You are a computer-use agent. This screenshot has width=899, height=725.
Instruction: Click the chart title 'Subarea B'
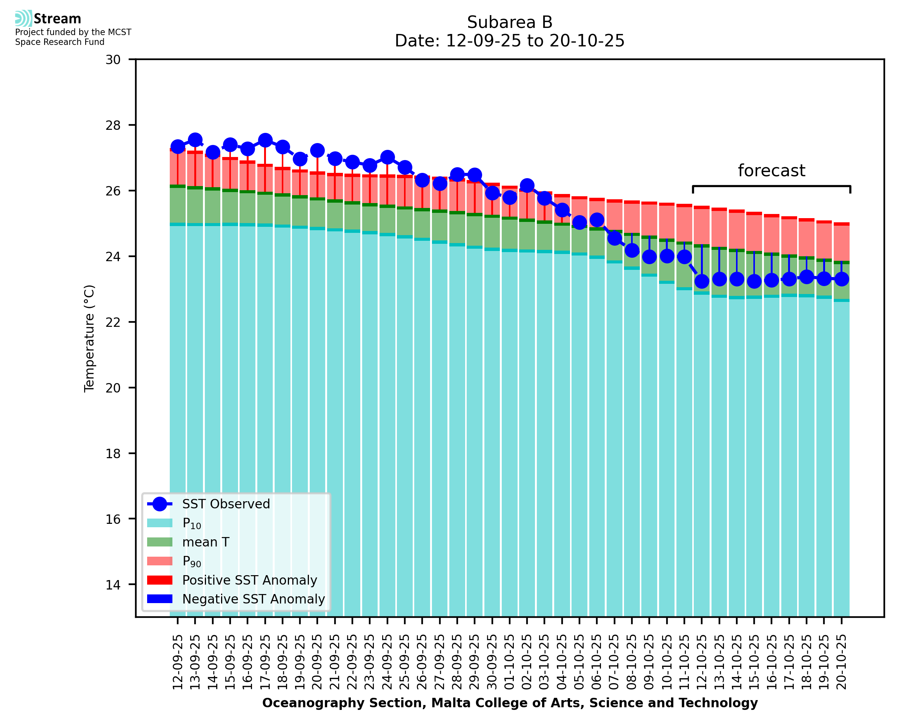pyautogui.click(x=509, y=22)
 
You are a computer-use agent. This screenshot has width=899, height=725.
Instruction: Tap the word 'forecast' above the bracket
pyautogui.click(x=771, y=171)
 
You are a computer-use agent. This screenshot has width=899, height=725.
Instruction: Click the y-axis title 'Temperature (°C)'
pyautogui.click(x=89, y=338)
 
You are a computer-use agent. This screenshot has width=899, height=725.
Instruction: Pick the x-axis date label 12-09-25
pyautogui.click(x=178, y=662)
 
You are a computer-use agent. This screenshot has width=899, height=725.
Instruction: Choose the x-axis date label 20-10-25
pyautogui.click(x=841, y=662)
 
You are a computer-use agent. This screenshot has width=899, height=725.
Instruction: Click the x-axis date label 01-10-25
pyautogui.click(x=510, y=662)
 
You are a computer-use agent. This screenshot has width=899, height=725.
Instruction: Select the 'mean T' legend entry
pyautogui.click(x=206, y=542)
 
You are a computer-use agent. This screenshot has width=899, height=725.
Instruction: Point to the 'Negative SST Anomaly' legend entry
pyautogui.click(x=254, y=599)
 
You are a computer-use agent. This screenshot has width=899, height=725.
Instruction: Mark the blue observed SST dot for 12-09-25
pyautogui.click(x=178, y=146)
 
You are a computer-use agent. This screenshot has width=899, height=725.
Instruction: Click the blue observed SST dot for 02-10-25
pyautogui.click(x=527, y=185)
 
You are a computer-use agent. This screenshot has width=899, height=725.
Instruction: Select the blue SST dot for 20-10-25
pyautogui.click(x=841, y=279)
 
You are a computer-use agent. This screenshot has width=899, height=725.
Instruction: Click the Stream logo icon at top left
pyautogui.click(x=23, y=18)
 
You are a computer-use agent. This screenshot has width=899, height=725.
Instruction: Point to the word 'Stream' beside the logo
pyautogui.click(x=57, y=19)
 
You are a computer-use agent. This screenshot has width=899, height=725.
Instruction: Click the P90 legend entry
pyautogui.click(x=192, y=561)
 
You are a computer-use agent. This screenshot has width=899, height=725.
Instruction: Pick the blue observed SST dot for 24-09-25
pyautogui.click(x=387, y=157)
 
